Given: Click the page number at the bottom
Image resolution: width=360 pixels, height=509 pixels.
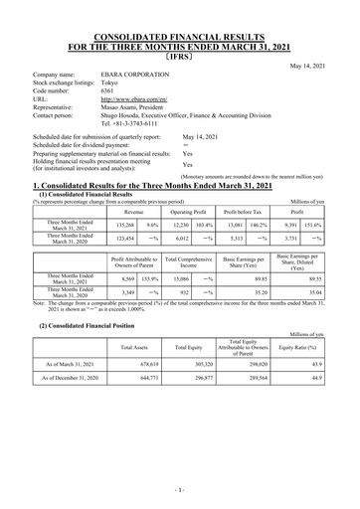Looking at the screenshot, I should pos(180,490).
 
